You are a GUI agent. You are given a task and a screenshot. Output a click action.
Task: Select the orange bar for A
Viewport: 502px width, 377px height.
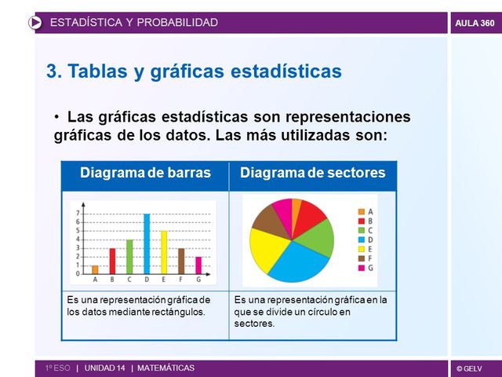95,269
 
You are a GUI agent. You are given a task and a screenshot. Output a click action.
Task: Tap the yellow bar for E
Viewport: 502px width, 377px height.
164,252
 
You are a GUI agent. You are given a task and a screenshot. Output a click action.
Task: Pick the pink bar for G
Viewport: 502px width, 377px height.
198,265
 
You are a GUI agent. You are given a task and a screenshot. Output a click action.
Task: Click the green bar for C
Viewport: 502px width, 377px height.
129,256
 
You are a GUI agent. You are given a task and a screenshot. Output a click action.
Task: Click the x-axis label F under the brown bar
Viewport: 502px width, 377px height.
181,280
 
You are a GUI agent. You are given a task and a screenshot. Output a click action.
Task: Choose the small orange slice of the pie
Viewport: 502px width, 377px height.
296,206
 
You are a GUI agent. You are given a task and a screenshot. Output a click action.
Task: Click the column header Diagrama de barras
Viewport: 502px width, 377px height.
145,173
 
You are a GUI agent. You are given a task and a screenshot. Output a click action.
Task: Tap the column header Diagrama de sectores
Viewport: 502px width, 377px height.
312,173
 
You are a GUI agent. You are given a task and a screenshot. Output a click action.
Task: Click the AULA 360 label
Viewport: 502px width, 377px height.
475,23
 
